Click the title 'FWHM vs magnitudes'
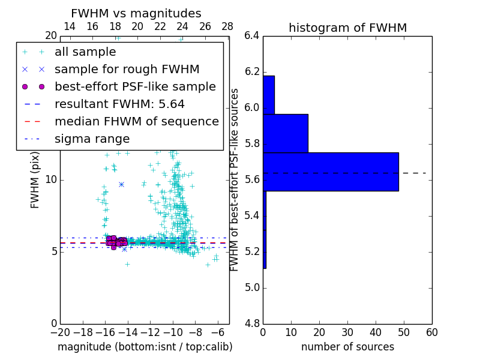tap(136, 13)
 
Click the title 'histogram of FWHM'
tap(347, 28)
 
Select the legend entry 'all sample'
tap(85, 52)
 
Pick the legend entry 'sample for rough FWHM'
tap(127, 69)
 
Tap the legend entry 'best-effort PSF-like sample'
tap(135, 86)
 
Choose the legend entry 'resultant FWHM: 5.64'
tap(119, 104)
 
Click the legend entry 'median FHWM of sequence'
tap(136, 121)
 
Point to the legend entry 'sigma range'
tap(92, 139)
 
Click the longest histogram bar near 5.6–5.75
tap(331, 172)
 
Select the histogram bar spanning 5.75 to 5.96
tap(286, 133)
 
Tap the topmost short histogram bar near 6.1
tap(269, 95)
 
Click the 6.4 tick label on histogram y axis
tap(251, 36)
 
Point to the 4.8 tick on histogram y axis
tap(251, 323)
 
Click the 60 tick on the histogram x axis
tap(431, 332)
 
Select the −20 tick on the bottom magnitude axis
tap(60, 332)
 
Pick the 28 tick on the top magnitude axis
tap(227, 27)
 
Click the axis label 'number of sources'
tap(347, 347)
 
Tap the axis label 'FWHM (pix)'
tap(35, 179)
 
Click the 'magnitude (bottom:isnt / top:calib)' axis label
tap(145, 347)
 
